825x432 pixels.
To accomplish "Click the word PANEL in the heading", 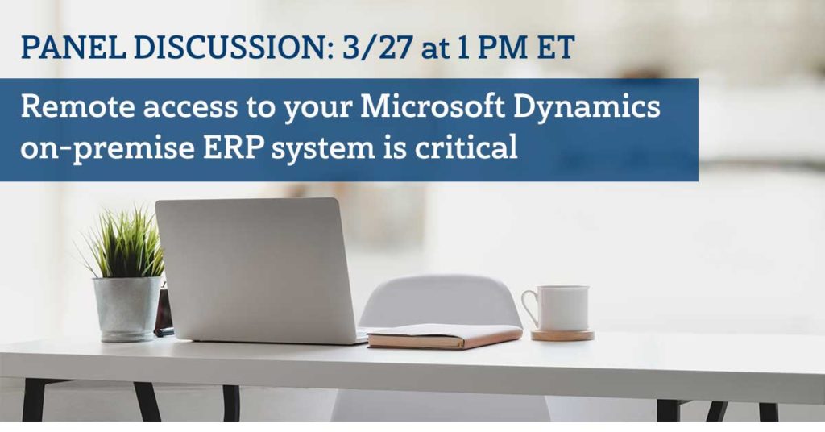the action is point(73,48).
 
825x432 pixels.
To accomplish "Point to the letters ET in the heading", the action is point(555,48).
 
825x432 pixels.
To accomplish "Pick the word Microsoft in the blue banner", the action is point(432,106).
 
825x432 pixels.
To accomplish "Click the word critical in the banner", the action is point(466,147).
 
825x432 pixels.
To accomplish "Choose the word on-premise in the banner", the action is point(107,149).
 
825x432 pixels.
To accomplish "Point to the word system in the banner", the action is point(323,149).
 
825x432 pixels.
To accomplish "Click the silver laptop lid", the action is point(255,268).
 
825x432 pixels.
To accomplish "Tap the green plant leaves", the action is point(125,243).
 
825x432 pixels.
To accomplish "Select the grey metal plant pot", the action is point(127,309).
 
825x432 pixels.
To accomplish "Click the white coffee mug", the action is point(558,309).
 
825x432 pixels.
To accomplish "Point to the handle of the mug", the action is point(528,309).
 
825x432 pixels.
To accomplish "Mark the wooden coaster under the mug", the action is point(562,334).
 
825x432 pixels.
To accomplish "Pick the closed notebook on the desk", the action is point(445,336).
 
